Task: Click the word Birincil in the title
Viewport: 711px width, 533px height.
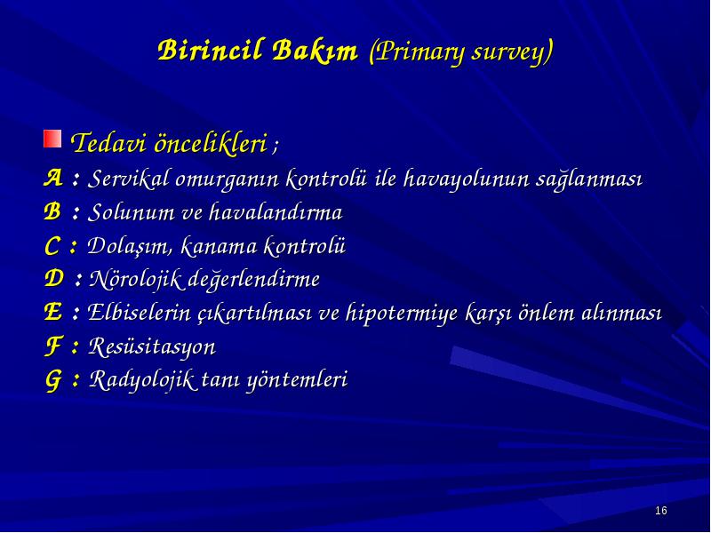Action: tap(211, 51)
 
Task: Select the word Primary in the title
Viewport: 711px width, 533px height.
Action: tap(417, 52)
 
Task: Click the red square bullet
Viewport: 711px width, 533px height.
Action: tap(52, 139)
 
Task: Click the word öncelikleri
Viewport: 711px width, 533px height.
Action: tap(211, 143)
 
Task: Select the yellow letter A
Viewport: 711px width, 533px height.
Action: tap(53, 178)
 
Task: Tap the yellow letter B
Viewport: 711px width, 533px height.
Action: tap(52, 211)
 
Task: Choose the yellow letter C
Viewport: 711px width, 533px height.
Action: tap(52, 246)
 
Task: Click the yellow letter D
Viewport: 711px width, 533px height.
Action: tap(54, 278)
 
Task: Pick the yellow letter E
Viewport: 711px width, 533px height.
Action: tap(52, 312)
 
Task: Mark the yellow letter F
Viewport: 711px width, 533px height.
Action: tap(52, 346)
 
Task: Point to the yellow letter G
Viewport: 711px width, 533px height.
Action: tap(52, 380)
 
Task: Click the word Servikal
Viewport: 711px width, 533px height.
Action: tap(128, 179)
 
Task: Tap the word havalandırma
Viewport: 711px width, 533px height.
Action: tap(276, 211)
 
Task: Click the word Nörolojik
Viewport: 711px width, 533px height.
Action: tap(137, 279)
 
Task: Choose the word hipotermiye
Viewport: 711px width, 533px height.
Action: tap(402, 314)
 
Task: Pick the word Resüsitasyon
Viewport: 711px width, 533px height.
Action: tap(152, 347)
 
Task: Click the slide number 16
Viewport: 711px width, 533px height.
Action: tap(661, 511)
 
